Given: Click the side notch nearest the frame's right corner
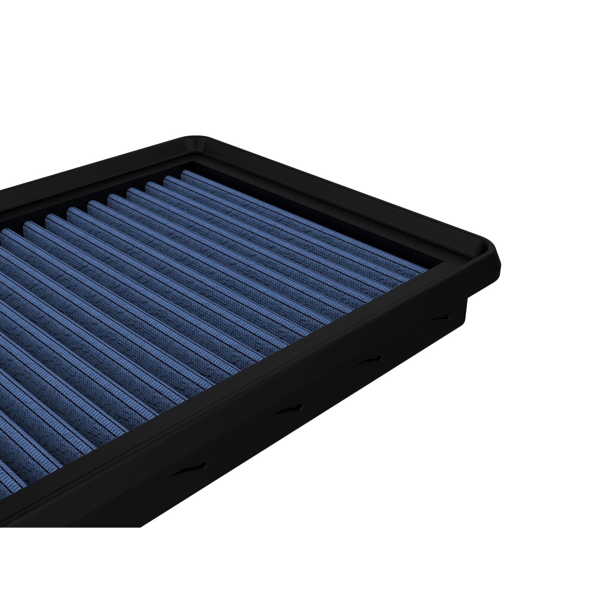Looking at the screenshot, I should coord(440,317).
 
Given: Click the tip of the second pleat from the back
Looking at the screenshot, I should coord(167,179).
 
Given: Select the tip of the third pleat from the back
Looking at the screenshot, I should coord(149,185).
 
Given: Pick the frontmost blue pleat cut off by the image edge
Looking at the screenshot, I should coord(8,475).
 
